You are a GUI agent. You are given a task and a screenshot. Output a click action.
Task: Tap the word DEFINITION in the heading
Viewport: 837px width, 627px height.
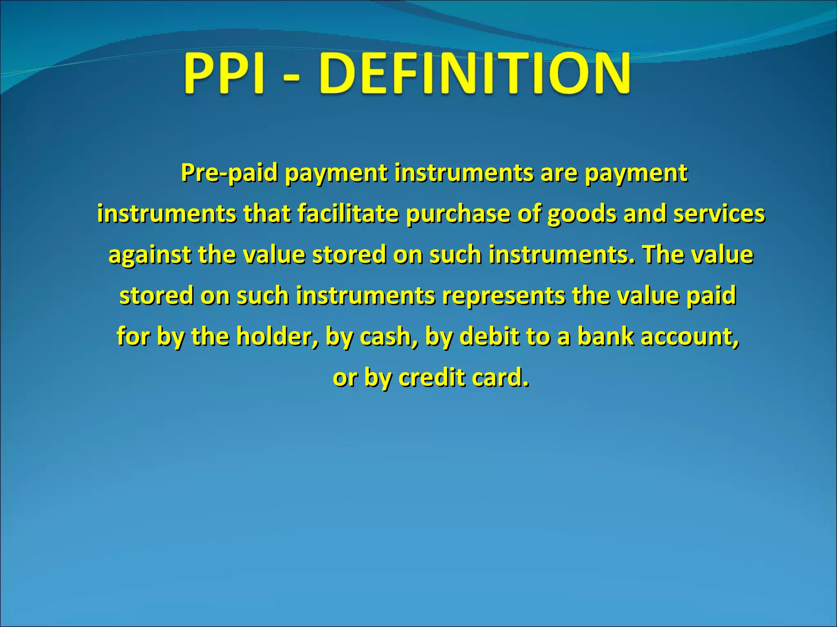(x=475, y=74)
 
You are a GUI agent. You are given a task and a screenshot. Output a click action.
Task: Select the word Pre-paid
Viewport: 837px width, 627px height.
(x=229, y=173)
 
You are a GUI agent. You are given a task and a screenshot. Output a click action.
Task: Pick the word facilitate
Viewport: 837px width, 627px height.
(x=348, y=214)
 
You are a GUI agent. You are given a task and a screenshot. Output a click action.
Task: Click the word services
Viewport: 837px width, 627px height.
(x=719, y=214)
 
